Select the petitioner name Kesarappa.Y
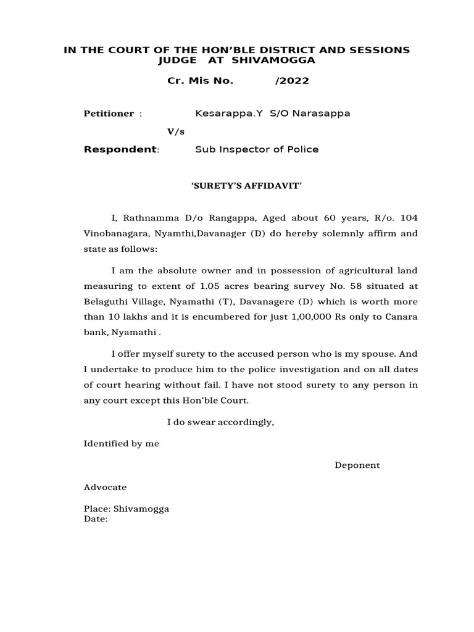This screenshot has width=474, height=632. (x=223, y=114)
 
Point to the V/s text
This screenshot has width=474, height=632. (x=176, y=132)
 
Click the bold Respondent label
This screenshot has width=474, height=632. (x=120, y=149)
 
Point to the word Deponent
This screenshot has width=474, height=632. (x=357, y=465)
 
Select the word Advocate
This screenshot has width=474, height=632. (x=106, y=487)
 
